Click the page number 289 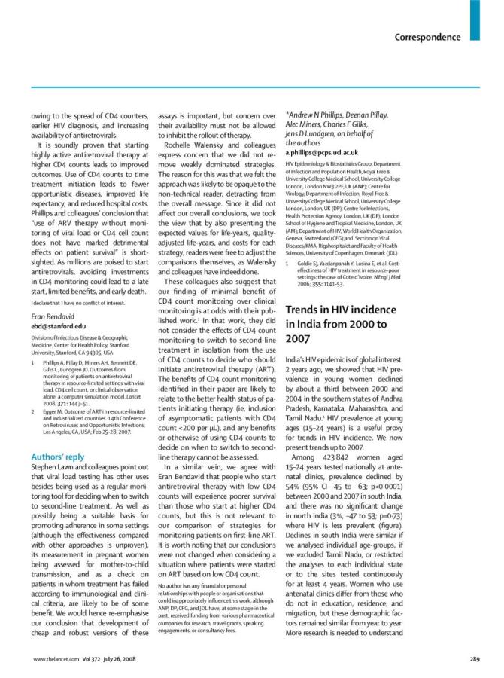[475, 659]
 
